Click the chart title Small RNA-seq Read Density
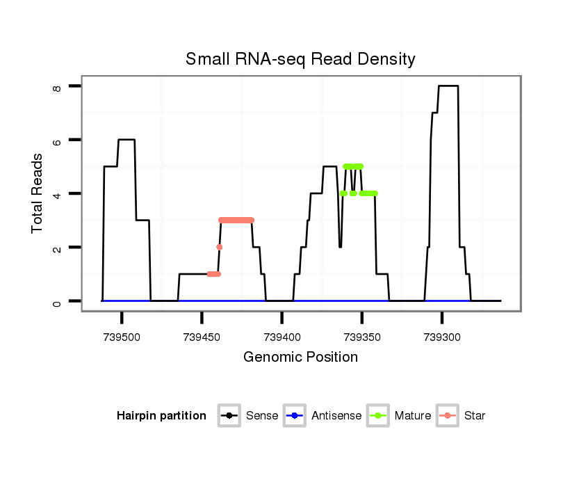(x=300, y=59)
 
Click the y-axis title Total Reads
(x=38, y=193)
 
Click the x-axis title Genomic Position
(x=300, y=358)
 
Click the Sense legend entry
(x=262, y=416)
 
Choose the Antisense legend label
(x=336, y=416)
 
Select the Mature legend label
(x=413, y=416)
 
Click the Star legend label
(x=475, y=416)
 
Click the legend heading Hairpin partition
(x=161, y=416)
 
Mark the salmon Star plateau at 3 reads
(x=236, y=220)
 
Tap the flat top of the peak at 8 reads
(x=448, y=86)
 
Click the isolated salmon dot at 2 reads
(x=219, y=247)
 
